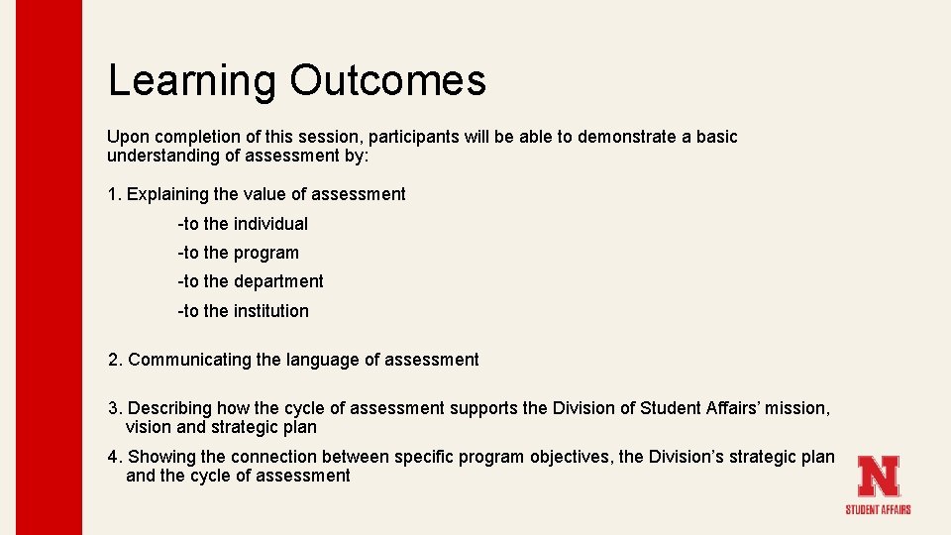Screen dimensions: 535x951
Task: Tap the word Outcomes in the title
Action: click(x=387, y=80)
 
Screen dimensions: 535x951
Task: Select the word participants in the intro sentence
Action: click(x=415, y=137)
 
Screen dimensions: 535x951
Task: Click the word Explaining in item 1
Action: click(x=167, y=194)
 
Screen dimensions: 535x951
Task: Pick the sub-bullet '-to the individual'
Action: click(x=243, y=224)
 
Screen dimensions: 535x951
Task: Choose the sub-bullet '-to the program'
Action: click(x=238, y=253)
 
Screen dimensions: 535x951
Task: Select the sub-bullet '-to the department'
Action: click(x=250, y=281)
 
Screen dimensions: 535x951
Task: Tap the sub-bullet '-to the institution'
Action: click(x=243, y=311)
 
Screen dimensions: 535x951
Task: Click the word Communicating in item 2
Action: click(x=189, y=360)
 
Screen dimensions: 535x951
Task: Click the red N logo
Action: click(x=878, y=477)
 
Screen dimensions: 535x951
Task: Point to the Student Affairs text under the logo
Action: click(x=878, y=509)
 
